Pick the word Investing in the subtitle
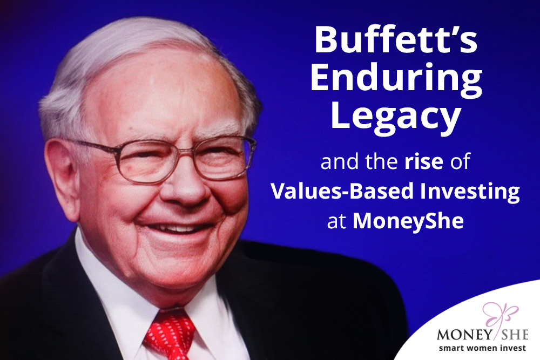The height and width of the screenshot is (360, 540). pos(470,192)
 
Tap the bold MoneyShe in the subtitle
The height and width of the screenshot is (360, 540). pos(408,221)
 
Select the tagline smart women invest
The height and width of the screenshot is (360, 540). pos(482,348)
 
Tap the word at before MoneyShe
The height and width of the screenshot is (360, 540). pos(336,222)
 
